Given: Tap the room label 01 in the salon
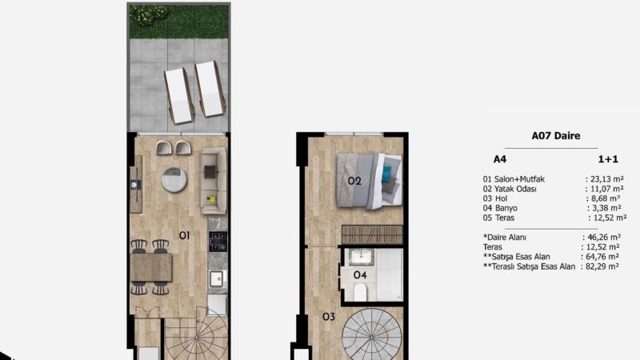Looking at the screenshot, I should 183,235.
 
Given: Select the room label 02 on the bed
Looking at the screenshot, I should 354,181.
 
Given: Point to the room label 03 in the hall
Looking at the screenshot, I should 328,317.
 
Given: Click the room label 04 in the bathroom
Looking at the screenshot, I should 359,274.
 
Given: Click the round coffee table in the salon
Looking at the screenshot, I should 175,179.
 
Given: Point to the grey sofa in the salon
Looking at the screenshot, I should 214,181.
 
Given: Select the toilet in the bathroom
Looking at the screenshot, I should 360,291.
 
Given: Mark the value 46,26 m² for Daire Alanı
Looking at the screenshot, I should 602,238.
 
